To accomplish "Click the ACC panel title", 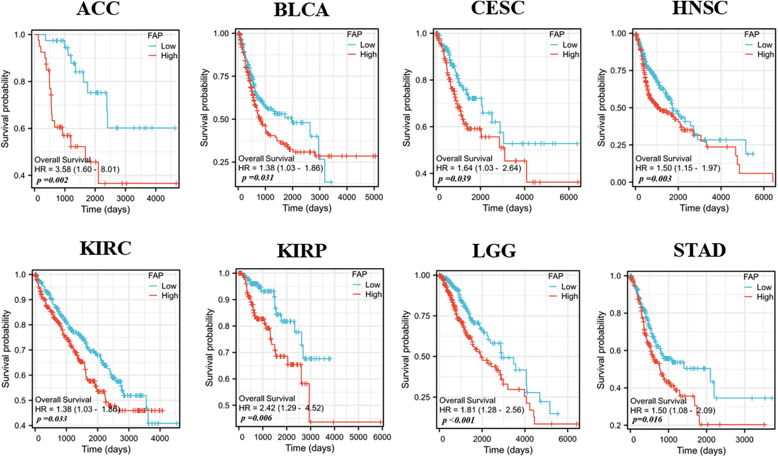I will click(x=98, y=8).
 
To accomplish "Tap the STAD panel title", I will click(x=700, y=250).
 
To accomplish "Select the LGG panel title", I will click(x=494, y=251).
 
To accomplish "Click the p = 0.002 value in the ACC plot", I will click(x=52, y=180).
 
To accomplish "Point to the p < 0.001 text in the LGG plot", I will click(x=458, y=420).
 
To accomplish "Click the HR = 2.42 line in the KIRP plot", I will click(x=281, y=408).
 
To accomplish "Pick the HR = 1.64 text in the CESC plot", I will click(x=479, y=168).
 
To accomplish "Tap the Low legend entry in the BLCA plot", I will click(x=367, y=45).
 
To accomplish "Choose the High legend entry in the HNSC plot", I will click(x=765, y=55).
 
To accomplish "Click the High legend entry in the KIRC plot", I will click(x=169, y=296).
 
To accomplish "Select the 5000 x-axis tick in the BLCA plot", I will click(x=374, y=197).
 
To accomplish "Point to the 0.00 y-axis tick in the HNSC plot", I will click(x=618, y=182).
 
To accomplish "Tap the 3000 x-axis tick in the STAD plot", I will click(x=744, y=440).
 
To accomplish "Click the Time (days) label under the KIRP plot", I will click(x=310, y=448).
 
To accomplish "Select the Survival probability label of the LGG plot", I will click(x=405, y=350).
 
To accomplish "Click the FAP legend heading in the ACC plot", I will click(x=155, y=36).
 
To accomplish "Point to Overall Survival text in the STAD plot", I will click(x=658, y=401).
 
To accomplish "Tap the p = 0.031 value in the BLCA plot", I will click(x=257, y=178).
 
